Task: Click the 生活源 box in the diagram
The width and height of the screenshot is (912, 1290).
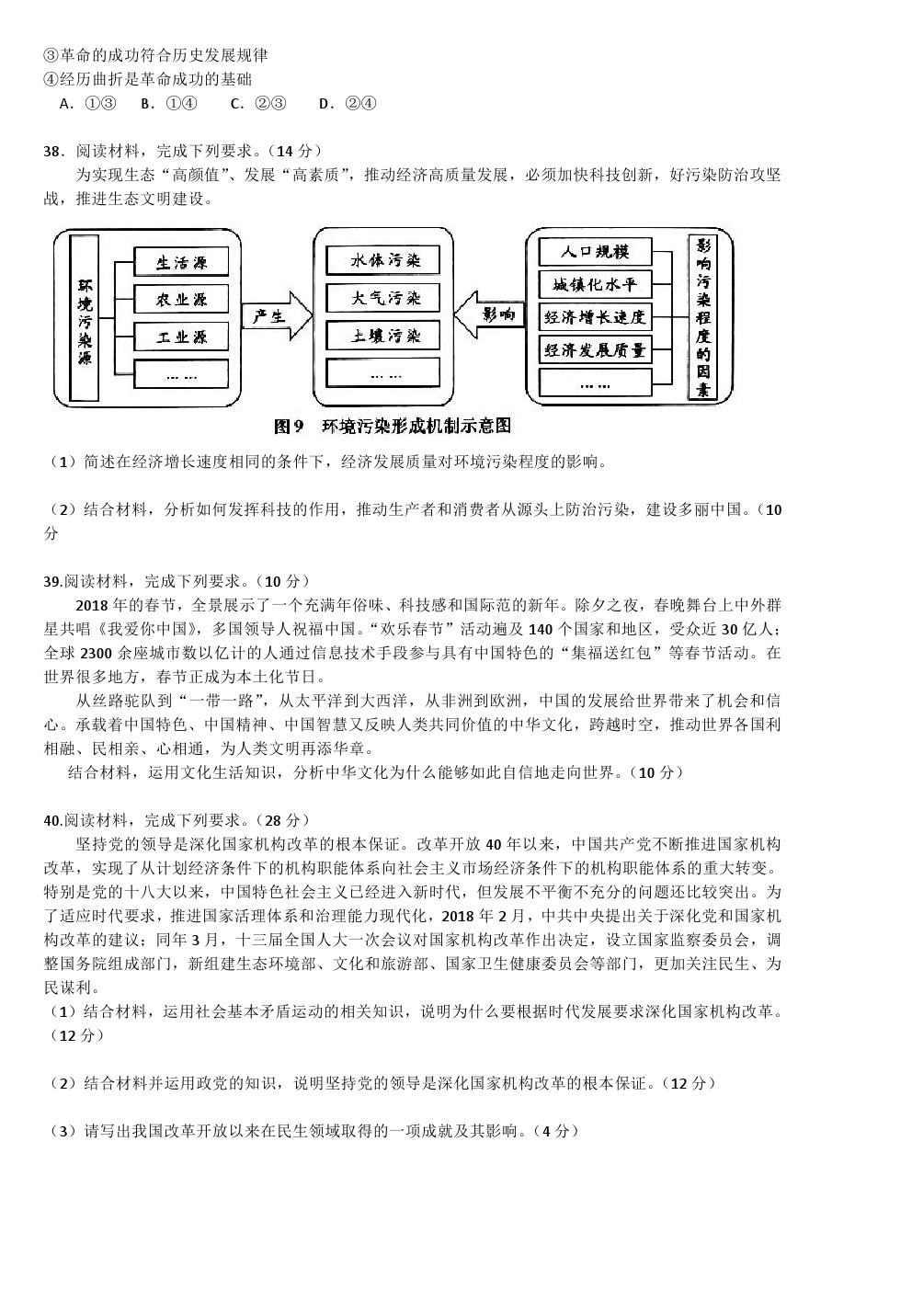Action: click(181, 263)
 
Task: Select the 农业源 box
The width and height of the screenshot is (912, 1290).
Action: click(181, 299)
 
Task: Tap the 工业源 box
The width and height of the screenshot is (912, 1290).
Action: click(181, 337)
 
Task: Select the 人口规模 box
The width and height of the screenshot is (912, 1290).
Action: click(595, 251)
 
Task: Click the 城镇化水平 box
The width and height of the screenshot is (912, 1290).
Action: click(595, 284)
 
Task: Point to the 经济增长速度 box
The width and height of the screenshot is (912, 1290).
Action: click(595, 318)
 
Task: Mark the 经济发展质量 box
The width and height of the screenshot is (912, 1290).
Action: click(595, 350)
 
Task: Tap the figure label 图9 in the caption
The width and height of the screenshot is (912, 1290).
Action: click(289, 426)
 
